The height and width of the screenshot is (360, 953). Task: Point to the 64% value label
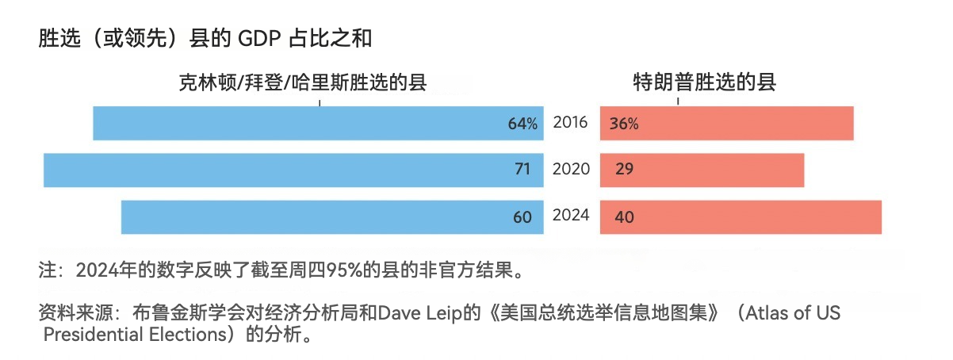pos(522,124)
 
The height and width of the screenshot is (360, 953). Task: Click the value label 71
pos(522,170)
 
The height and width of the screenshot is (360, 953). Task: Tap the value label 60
pos(522,216)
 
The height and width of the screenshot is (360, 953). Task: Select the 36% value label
pos(624,124)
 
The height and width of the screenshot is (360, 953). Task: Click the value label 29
pos(623,170)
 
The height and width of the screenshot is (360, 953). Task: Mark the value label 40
pos(624,216)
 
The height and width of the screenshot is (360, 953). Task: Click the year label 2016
pos(571,122)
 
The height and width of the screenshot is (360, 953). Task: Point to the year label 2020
pos(571,168)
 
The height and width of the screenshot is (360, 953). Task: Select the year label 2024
pos(571,215)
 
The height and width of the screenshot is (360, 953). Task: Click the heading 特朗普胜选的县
pos(704,82)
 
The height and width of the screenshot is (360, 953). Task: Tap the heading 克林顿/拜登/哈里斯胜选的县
pos(302,82)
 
